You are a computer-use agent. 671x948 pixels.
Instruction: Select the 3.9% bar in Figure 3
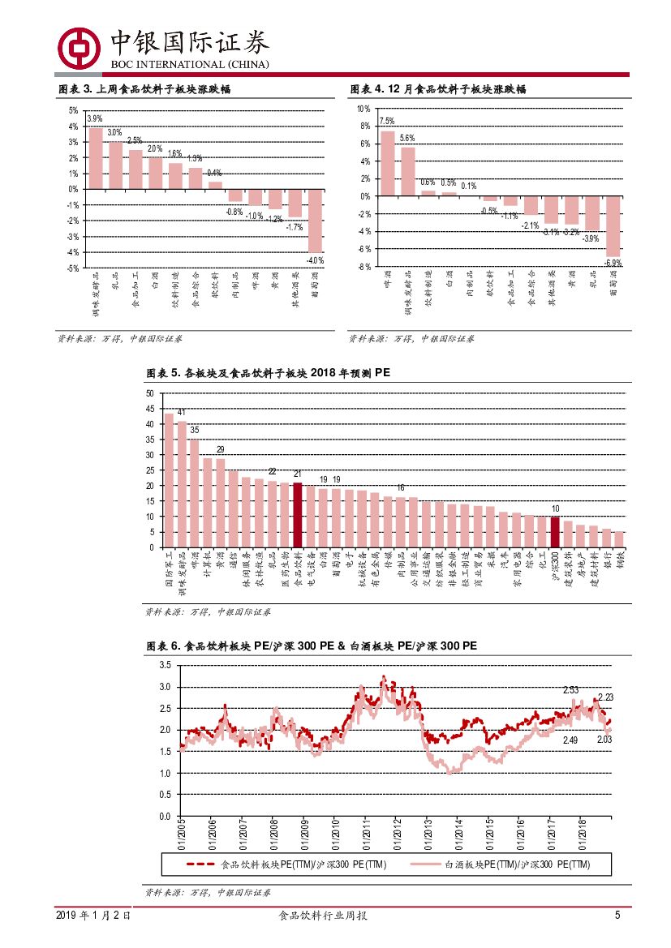[96, 158]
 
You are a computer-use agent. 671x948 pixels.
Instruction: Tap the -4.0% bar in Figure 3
[315, 221]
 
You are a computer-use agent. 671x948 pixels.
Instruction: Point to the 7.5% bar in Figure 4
[388, 163]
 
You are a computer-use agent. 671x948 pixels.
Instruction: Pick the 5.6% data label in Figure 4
[407, 138]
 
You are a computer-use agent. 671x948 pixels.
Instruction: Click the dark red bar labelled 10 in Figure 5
[555, 532]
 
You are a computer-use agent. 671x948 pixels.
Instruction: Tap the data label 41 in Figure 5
[181, 413]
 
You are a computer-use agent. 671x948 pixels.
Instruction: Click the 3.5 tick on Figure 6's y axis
[165, 666]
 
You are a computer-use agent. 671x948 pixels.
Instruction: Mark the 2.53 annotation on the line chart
[570, 690]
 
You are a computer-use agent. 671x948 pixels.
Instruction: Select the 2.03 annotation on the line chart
[604, 739]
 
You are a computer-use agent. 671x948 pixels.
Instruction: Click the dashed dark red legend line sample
[201, 864]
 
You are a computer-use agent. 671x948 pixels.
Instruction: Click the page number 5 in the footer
[617, 916]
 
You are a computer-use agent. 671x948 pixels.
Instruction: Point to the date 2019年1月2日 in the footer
[93, 916]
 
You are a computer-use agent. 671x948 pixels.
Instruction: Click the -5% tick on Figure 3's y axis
[73, 268]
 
